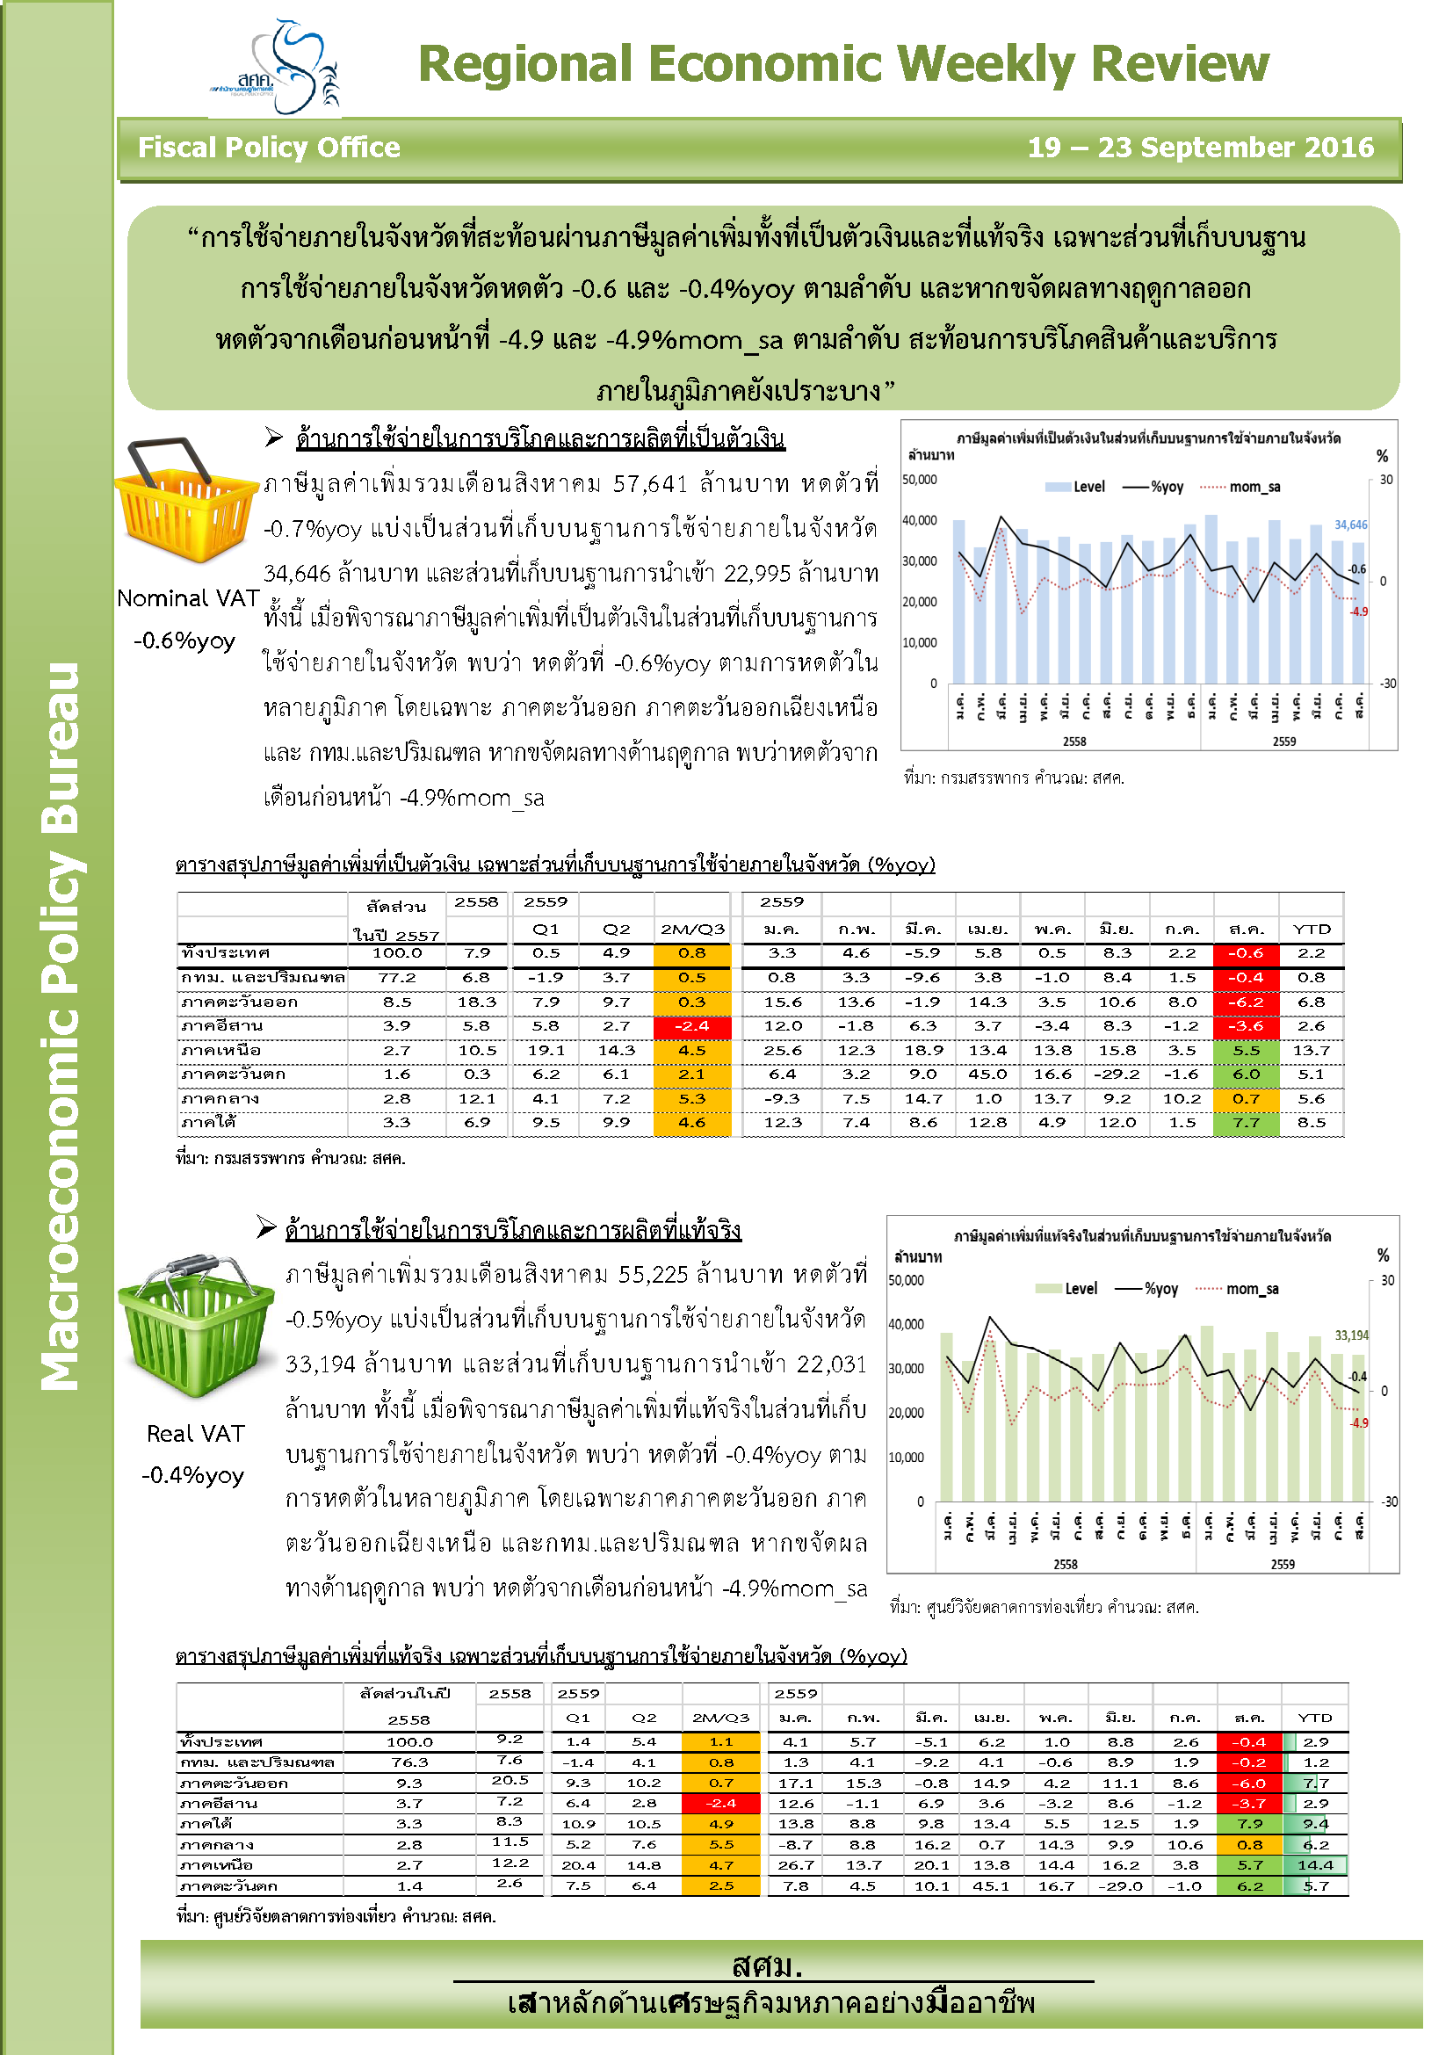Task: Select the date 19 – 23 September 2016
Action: coord(1200,148)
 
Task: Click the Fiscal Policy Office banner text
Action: coord(269,148)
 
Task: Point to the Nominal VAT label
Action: coord(188,598)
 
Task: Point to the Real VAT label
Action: coord(195,1434)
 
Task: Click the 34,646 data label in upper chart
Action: coord(1350,525)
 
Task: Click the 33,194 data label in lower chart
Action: coord(1351,1335)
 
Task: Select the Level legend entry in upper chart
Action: coord(1076,487)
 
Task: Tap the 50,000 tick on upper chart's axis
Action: coord(919,480)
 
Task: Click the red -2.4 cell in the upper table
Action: coord(691,1026)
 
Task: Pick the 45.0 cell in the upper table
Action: coord(987,1074)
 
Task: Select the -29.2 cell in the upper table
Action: coord(1117,1074)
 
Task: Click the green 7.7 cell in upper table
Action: coord(1246,1122)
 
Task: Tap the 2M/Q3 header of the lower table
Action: coord(720,1718)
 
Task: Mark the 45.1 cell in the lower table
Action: coord(991,1885)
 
